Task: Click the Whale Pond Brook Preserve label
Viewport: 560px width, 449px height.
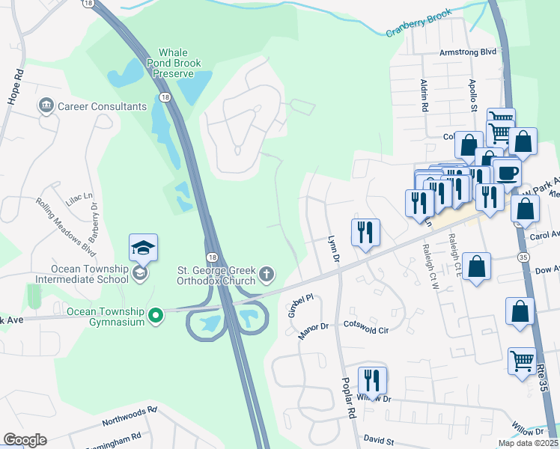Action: [177, 64]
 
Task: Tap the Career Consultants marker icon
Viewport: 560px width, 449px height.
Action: [46, 106]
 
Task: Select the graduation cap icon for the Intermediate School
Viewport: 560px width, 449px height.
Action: [143, 247]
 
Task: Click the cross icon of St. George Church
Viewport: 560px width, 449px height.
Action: [266, 275]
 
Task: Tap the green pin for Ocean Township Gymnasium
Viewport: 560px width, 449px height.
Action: [156, 317]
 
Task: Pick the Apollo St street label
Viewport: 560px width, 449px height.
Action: [473, 96]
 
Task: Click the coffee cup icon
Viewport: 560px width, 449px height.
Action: [507, 172]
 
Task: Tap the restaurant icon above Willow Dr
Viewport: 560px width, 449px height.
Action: [371, 379]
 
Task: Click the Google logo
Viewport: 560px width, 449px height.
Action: [25, 440]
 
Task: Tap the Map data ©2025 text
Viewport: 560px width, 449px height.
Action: [527, 443]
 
